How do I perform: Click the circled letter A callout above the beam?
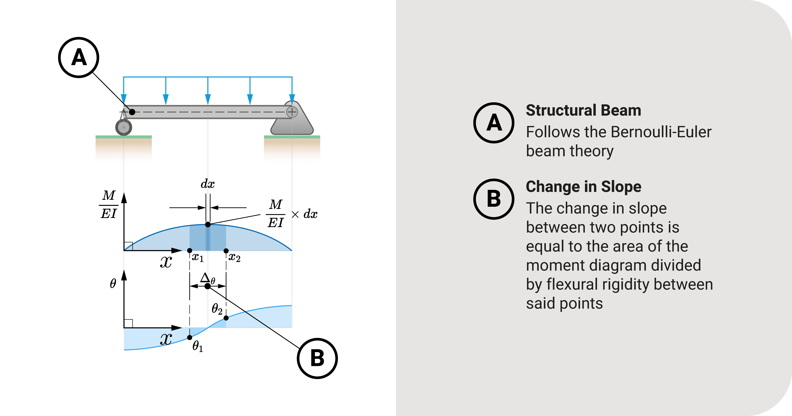[79, 58]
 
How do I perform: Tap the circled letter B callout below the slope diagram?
[317, 358]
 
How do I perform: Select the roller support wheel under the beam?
[124, 127]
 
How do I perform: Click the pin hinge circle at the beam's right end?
[292, 112]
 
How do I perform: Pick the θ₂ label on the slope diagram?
[217, 309]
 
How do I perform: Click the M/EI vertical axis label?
[109, 204]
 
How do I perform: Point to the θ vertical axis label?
[113, 283]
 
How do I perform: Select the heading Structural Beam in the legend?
[583, 110]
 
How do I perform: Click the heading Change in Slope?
[583, 187]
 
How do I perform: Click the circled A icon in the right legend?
[493, 123]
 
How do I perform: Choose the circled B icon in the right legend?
[493, 199]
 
